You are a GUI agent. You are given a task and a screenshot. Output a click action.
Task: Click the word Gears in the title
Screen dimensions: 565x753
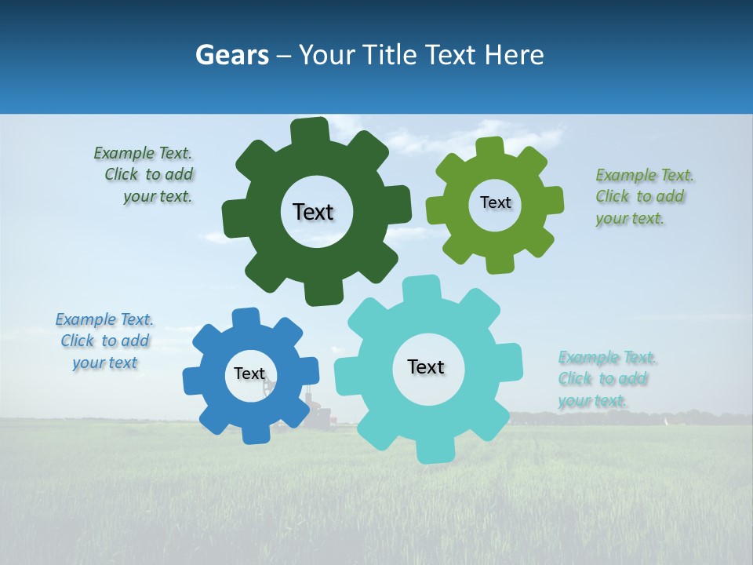[232, 55]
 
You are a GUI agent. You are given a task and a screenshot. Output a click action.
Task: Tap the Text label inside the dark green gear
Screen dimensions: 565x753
[313, 212]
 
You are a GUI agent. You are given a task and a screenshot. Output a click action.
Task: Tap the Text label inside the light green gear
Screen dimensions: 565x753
[495, 202]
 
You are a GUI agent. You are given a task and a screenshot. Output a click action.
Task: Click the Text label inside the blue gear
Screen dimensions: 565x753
[249, 374]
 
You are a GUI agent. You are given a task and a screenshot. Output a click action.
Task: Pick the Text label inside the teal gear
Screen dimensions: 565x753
[426, 366]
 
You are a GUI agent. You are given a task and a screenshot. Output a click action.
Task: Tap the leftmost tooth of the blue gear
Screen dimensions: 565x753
[193, 381]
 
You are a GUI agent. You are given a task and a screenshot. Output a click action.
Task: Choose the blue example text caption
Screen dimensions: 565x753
[104, 341]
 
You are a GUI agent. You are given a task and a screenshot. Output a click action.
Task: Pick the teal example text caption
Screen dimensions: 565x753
[606, 379]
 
